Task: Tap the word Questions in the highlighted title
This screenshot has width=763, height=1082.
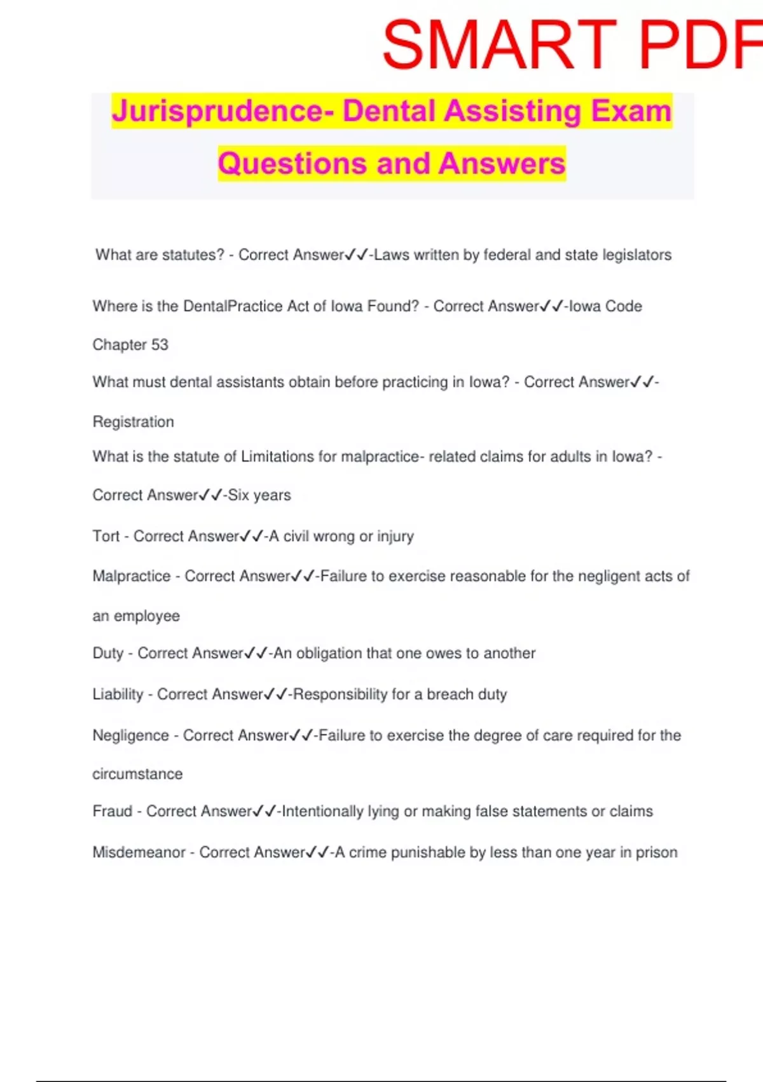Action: (292, 163)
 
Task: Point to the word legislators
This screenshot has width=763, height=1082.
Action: (637, 255)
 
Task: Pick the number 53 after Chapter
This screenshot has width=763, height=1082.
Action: (160, 344)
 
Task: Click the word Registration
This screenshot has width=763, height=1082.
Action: (133, 421)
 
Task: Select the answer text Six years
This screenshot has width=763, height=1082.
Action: (259, 495)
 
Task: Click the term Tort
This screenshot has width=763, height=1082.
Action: (106, 536)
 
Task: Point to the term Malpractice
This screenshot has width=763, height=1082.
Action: (131, 576)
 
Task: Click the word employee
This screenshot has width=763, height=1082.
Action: (146, 616)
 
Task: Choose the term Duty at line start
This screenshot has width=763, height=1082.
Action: (107, 653)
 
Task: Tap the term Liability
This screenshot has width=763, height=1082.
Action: (118, 694)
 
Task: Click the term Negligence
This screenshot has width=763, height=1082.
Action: (130, 735)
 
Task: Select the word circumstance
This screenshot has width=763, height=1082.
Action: (137, 774)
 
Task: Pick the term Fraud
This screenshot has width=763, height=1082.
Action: (112, 811)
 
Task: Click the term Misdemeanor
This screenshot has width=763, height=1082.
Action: (139, 852)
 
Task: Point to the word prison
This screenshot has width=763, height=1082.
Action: (657, 852)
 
